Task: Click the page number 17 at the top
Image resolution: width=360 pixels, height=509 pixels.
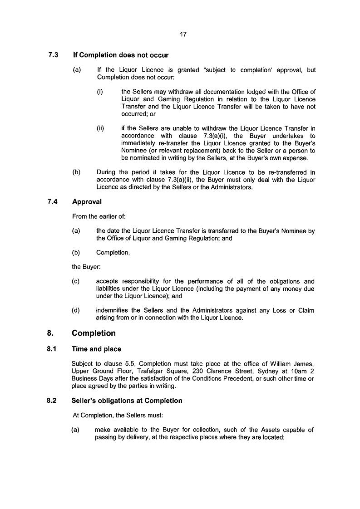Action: [x=183, y=34]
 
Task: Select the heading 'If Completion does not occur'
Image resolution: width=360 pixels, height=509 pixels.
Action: [x=121, y=55]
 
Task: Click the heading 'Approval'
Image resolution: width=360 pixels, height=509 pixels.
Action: [x=87, y=201]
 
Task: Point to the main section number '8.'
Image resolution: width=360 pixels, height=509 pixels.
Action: [x=50, y=333]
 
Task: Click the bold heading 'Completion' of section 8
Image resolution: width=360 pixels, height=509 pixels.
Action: [x=94, y=333]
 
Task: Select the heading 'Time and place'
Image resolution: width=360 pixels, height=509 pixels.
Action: [x=96, y=349]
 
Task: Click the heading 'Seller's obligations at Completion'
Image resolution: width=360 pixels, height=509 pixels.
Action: [x=127, y=401]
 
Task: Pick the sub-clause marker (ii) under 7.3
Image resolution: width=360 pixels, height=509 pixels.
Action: [x=100, y=128]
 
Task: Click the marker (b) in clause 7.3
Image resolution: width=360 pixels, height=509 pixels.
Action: [x=76, y=172]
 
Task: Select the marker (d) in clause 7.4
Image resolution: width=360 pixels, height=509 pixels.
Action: [x=76, y=311]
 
